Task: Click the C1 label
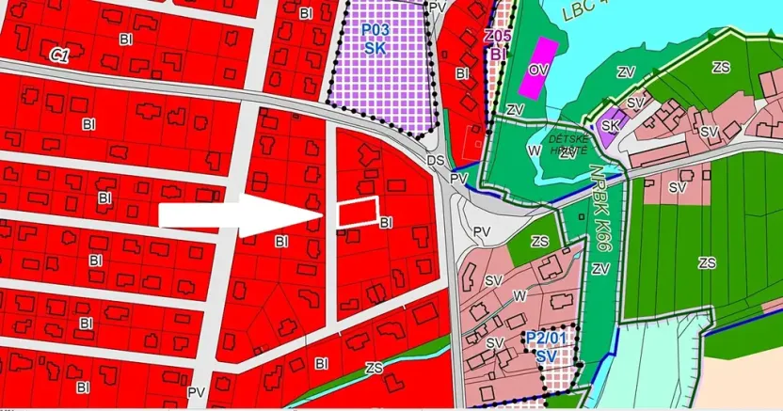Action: click(59, 56)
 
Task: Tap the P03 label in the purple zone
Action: click(377, 29)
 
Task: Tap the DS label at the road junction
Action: click(436, 161)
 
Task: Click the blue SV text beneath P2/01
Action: click(545, 357)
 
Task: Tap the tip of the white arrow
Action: click(325, 216)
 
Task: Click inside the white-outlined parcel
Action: click(359, 211)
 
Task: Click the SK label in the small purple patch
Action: click(611, 126)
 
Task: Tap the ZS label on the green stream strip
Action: click(375, 367)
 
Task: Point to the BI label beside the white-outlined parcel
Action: click(386, 223)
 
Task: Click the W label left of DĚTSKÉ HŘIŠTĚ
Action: click(535, 150)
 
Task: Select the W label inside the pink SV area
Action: click(519, 296)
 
